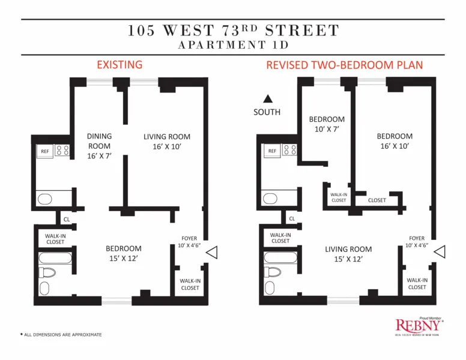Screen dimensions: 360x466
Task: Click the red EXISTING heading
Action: click(x=120, y=65)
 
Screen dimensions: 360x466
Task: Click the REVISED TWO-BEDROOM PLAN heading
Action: click(x=345, y=65)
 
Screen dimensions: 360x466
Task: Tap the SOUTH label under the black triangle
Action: click(x=267, y=112)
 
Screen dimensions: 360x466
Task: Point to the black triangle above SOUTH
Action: click(x=268, y=99)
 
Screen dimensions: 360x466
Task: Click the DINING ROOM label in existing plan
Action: click(x=99, y=146)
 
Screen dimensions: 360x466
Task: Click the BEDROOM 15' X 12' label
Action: click(x=124, y=253)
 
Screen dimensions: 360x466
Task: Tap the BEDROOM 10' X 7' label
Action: click(x=327, y=124)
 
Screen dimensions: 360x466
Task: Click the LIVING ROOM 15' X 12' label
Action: click(x=348, y=254)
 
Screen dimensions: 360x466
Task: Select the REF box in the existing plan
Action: click(x=44, y=152)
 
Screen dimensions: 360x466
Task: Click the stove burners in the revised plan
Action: click(x=289, y=151)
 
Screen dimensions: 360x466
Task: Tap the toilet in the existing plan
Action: click(x=47, y=273)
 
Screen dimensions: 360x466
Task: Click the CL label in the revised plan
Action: click(x=292, y=219)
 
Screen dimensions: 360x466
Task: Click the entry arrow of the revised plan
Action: click(x=440, y=253)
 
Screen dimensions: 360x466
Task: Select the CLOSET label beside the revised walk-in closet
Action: click(x=377, y=200)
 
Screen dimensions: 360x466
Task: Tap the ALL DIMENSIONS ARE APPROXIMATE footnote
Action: click(x=61, y=335)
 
